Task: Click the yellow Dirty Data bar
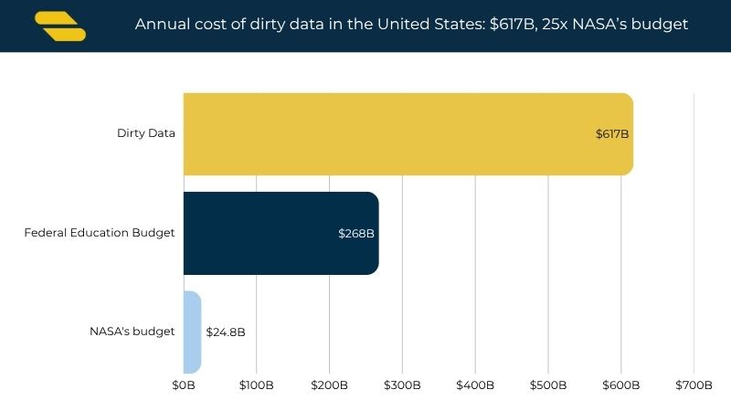point(408,134)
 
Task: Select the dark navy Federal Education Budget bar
point(281,233)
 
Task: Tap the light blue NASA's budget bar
point(193,332)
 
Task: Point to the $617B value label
point(612,134)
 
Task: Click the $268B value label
point(356,234)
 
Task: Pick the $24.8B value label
point(226,332)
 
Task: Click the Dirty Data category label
point(146,133)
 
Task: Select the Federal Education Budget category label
point(100,233)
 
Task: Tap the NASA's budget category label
point(132,332)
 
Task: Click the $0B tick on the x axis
point(184,385)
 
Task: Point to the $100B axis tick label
point(257,385)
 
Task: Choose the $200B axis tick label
point(329,385)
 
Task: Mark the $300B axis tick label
point(402,385)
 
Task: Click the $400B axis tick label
point(475,385)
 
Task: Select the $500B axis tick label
point(548,385)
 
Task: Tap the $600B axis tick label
point(621,385)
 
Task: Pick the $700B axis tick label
point(694,385)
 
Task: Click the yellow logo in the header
point(60,26)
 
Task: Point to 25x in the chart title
point(555,24)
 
